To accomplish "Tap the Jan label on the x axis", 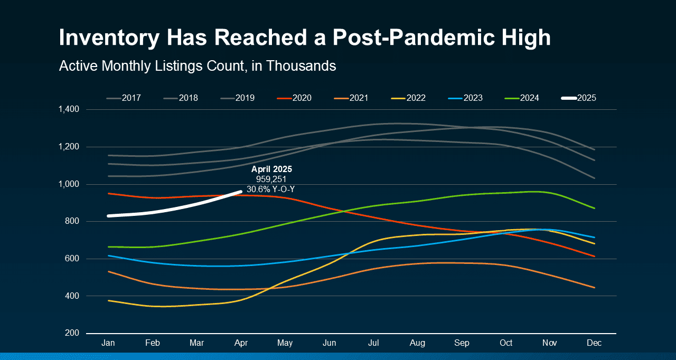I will [108, 343].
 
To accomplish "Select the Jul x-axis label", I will [373, 343].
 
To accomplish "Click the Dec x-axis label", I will [595, 343].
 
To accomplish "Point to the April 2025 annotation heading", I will [271, 169].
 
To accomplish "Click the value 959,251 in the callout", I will [271, 179].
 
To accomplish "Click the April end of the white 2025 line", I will [241, 192].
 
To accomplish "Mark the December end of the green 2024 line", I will [595, 208].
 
